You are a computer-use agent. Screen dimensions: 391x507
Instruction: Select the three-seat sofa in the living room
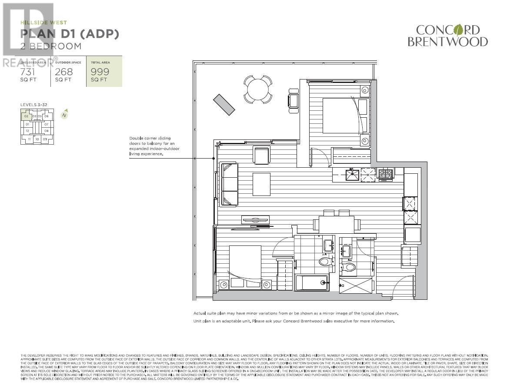[229, 184]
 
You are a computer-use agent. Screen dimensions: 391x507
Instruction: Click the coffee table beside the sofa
[260, 184]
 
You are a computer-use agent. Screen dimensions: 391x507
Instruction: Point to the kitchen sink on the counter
[353, 175]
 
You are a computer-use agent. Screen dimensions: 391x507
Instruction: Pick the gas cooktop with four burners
[385, 175]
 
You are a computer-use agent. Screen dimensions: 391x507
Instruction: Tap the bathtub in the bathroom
[311, 282]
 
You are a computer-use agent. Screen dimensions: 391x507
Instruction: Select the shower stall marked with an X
[356, 287]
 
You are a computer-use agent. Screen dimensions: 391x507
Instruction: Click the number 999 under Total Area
[100, 72]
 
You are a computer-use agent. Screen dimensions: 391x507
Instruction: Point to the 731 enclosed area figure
[27, 72]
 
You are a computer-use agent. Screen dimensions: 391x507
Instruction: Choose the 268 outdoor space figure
[63, 72]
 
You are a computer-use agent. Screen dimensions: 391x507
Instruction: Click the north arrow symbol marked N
[64, 115]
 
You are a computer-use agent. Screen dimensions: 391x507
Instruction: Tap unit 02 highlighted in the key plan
[26, 116]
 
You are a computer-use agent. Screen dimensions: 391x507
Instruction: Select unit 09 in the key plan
[45, 139]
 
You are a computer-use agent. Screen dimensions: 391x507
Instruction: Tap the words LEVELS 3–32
[33, 105]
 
